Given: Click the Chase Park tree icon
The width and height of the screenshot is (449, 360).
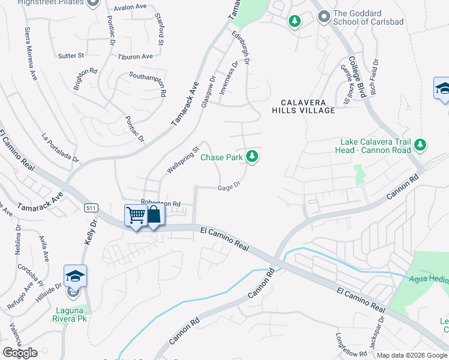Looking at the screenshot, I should click(253, 157).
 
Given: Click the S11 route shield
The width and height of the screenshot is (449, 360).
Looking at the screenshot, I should click(91, 208).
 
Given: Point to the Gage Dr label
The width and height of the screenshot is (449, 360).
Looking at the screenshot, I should click(229, 187).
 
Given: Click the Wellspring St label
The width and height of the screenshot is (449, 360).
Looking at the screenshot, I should click(182, 160).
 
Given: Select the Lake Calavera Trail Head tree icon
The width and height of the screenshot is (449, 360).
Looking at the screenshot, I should click(421, 145).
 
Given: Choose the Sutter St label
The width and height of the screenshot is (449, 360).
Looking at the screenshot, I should click(71, 56).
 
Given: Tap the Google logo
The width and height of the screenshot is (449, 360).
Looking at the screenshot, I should click(20, 353).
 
